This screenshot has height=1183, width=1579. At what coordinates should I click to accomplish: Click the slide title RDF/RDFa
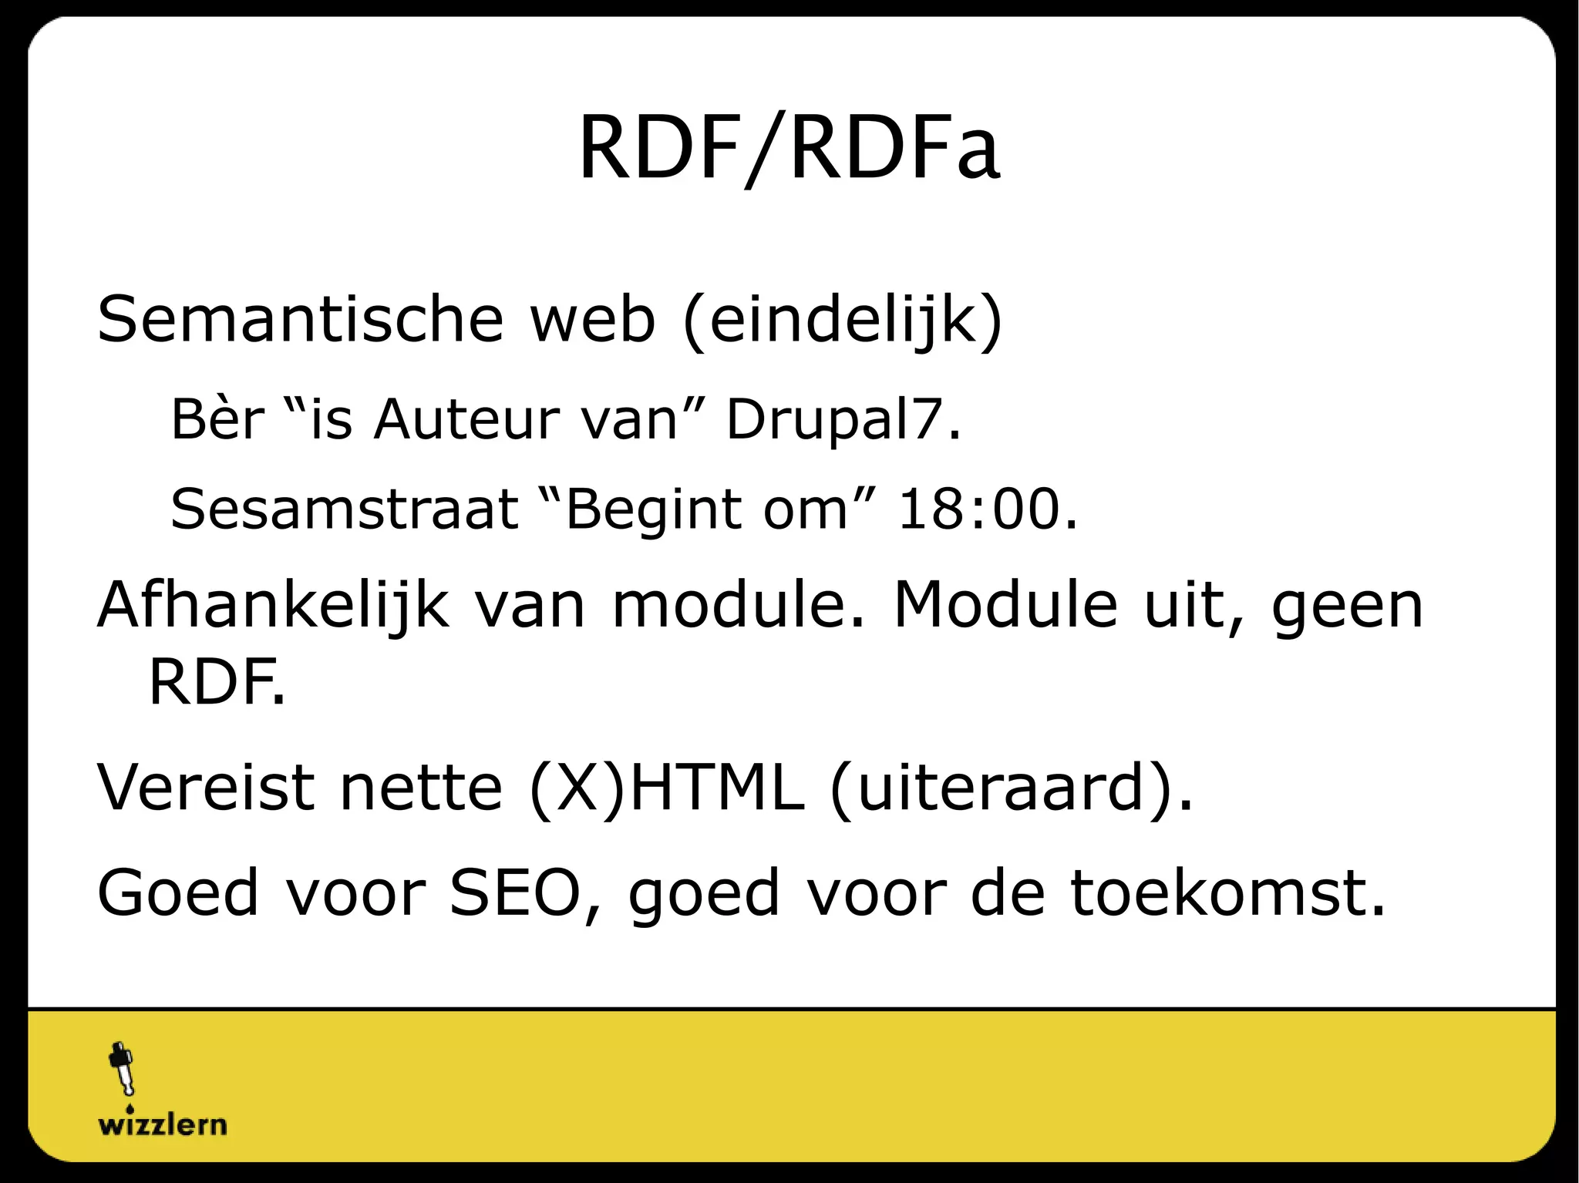(789, 148)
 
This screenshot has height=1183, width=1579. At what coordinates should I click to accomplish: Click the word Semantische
(300, 319)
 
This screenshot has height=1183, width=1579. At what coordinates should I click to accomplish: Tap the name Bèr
(217, 419)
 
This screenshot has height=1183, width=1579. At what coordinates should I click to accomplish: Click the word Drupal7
(843, 419)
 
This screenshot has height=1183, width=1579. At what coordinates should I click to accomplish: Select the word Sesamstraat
(344, 509)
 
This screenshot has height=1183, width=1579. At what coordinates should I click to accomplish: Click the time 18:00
(987, 509)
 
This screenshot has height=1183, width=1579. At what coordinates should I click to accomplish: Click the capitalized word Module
(1005, 605)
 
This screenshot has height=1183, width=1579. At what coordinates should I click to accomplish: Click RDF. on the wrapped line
(216, 683)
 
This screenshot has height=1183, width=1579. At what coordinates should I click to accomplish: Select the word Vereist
(206, 788)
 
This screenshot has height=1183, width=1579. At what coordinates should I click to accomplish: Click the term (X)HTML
(667, 788)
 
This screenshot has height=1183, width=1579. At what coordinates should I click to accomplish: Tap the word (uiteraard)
(1010, 788)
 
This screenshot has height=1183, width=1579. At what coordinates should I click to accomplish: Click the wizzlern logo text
(163, 1124)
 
